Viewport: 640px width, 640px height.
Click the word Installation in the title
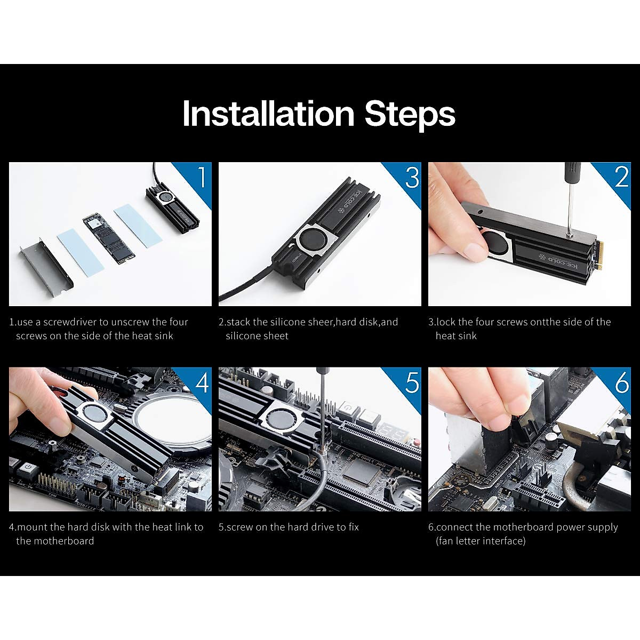click(x=268, y=114)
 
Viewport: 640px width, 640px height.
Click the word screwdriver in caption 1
click(x=70, y=322)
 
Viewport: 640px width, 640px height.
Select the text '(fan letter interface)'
click(x=481, y=541)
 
